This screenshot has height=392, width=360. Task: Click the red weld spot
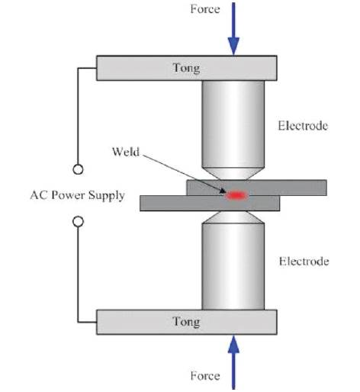pyautogui.click(x=236, y=195)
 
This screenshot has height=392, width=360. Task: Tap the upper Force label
pyautogui.click(x=205, y=9)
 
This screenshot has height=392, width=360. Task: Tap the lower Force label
pyautogui.click(x=205, y=376)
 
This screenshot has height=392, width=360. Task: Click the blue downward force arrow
pyautogui.click(x=233, y=29)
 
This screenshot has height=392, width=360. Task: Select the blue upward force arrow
pyautogui.click(x=233, y=362)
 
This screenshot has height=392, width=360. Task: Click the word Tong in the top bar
pyautogui.click(x=186, y=68)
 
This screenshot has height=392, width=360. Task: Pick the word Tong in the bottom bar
pyautogui.click(x=186, y=322)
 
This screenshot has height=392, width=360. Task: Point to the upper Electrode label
pyautogui.click(x=303, y=126)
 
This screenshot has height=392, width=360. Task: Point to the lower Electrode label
pyautogui.click(x=304, y=262)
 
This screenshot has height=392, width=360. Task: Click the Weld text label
pyautogui.click(x=126, y=152)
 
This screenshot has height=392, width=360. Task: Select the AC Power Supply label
pyautogui.click(x=78, y=195)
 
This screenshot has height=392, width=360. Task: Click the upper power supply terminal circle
pyautogui.click(x=78, y=169)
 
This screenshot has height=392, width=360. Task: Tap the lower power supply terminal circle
pyautogui.click(x=78, y=221)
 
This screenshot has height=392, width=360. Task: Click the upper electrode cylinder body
pyautogui.click(x=233, y=124)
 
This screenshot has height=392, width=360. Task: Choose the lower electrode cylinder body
pyautogui.click(x=233, y=266)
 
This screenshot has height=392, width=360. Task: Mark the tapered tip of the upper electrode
pyautogui.click(x=233, y=174)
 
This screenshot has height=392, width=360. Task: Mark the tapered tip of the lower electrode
pyautogui.click(x=233, y=217)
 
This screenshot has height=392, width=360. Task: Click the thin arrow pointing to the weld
pyautogui.click(x=184, y=174)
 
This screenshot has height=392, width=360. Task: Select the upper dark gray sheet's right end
pyautogui.click(x=326, y=188)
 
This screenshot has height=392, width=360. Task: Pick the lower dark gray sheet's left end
pyautogui.click(x=140, y=203)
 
